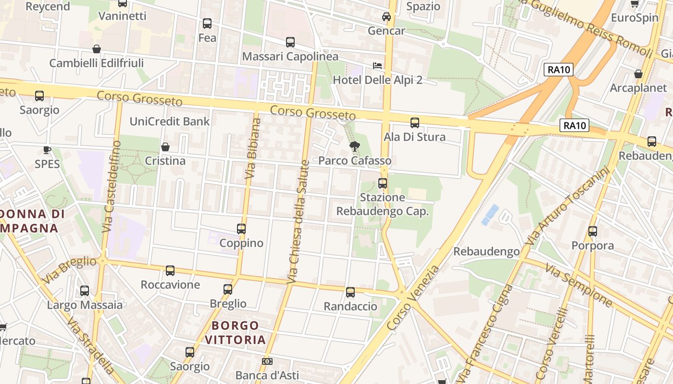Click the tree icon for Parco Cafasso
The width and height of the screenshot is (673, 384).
355,146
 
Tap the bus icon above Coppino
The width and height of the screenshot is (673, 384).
241,229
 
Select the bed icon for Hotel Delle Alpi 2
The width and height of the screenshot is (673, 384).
378,65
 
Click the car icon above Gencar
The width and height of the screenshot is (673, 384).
386,17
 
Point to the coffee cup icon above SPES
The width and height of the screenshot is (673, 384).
47,150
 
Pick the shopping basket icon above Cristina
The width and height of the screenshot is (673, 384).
165,146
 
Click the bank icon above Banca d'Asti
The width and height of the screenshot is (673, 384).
267,361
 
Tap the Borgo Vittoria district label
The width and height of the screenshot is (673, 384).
236,333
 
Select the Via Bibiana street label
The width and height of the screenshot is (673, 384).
253,149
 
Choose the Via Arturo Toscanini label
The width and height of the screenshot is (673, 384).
567,206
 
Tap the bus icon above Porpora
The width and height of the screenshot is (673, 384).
593,231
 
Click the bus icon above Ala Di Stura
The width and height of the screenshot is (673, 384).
415,123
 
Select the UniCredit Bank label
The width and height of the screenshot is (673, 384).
170,121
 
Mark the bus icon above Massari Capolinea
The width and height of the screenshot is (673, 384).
290,42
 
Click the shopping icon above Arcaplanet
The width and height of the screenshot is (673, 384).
638,74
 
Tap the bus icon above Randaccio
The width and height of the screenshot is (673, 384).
350,292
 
